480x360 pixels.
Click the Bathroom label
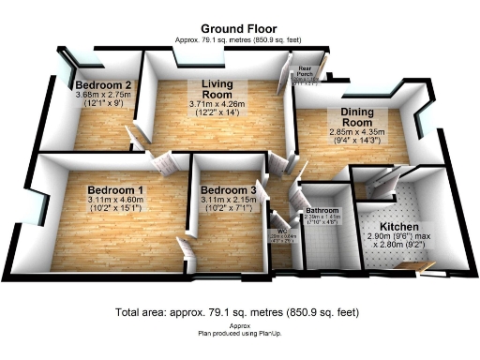321,210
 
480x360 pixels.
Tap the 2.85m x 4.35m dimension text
348,133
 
